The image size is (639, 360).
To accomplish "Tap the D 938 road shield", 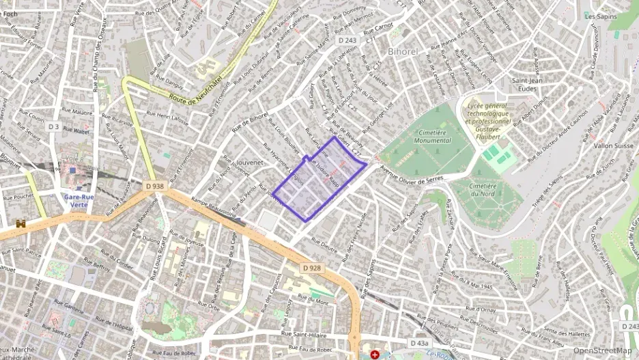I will pyautogui.click(x=154, y=185).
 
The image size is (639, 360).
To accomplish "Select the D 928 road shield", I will pyautogui.click(x=311, y=268).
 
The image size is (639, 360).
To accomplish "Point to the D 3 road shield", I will pyautogui.click(x=53, y=126).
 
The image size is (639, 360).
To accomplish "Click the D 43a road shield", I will pyautogui.click(x=421, y=342).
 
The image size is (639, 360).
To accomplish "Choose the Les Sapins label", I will pyautogui.click(x=601, y=16).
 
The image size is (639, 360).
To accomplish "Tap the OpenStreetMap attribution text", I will pyautogui.click(x=602, y=351).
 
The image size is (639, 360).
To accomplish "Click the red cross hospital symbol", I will pyautogui.click(x=374, y=355).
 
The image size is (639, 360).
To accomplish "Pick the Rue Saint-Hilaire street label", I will pyautogui.click(x=309, y=334).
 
